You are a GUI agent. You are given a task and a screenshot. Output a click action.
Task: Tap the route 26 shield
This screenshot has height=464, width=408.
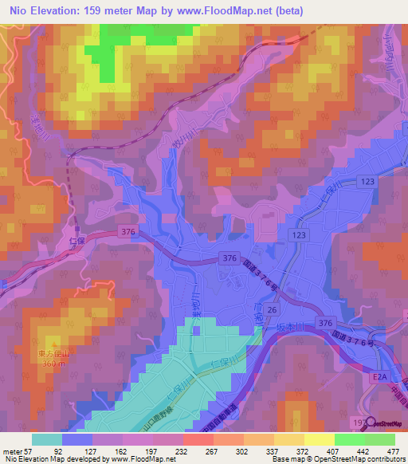coord(273,309)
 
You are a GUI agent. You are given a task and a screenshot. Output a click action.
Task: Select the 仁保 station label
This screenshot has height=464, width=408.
coord(77,239)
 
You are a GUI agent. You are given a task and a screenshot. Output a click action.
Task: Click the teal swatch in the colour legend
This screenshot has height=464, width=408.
coord(47,438)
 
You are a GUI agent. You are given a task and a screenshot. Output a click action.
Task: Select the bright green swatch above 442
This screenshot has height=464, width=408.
coord(350,438)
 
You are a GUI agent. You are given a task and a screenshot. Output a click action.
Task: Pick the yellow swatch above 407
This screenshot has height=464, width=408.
coord(320,438)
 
